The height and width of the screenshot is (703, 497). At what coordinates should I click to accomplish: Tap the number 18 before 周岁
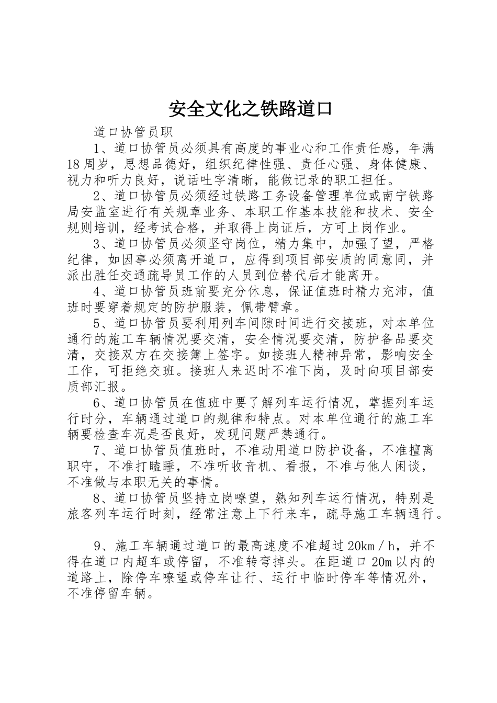tap(73, 164)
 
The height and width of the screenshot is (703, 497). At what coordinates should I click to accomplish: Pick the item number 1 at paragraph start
tap(97, 148)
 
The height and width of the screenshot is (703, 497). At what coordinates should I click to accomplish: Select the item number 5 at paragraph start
tap(97, 323)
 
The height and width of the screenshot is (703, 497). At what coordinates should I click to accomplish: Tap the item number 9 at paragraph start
tap(97, 546)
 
